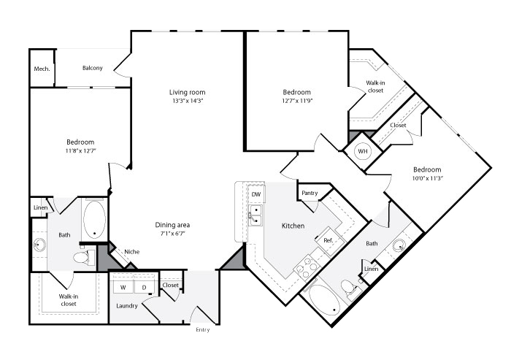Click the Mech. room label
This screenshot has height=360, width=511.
[x=42, y=69]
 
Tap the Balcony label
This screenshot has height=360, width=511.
[x=93, y=68]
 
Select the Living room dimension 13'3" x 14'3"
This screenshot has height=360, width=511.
[x=188, y=101]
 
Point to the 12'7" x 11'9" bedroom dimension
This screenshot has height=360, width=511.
[x=297, y=101]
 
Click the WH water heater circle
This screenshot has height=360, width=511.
[x=363, y=151]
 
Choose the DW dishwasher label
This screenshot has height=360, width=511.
[x=256, y=194]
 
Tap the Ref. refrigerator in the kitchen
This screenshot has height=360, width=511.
[x=330, y=241]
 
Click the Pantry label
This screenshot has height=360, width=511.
[x=310, y=193]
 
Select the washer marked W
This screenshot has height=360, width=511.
[x=123, y=287]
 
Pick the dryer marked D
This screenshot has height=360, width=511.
[x=144, y=287]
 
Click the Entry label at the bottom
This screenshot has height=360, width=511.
[x=203, y=330]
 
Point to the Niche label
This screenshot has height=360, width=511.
[x=132, y=252]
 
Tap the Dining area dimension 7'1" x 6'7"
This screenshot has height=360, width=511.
[x=173, y=234]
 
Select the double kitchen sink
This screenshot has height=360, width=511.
[x=255, y=215]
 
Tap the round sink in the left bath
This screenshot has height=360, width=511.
[x=39, y=245]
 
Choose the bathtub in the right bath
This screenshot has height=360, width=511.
[x=324, y=300]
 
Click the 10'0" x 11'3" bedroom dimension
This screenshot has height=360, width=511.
[x=427, y=178]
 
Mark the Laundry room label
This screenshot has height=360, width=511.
[x=127, y=306]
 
